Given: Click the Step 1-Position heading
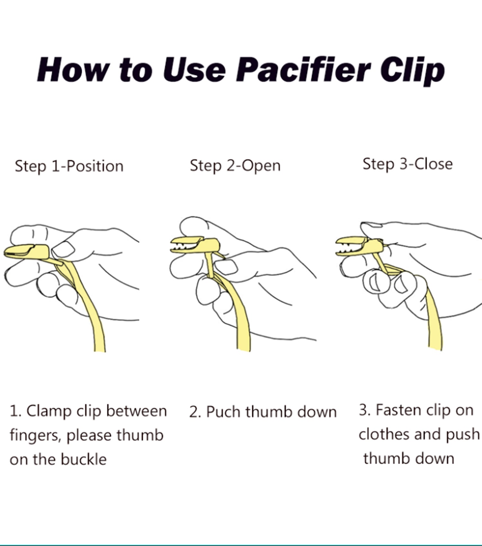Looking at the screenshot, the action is pyautogui.click(x=69, y=166).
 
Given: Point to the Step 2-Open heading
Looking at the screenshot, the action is pyautogui.click(x=235, y=166).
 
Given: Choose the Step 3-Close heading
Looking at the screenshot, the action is pyautogui.click(x=407, y=164).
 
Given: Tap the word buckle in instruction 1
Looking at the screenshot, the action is pyautogui.click(x=84, y=459).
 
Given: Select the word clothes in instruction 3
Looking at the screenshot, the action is pyautogui.click(x=384, y=434).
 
